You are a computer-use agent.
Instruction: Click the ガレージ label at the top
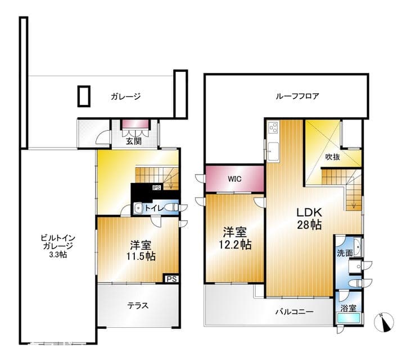125,97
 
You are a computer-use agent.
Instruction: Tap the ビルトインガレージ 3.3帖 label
58,246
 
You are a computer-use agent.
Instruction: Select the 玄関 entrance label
133,141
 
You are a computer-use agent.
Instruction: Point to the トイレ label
154,208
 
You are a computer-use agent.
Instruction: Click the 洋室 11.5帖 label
141,251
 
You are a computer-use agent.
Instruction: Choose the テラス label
138,306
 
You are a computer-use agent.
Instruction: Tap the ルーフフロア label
297,96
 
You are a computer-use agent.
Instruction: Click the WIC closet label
234,179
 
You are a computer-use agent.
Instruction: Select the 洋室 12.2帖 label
235,238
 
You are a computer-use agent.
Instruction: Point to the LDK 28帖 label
309,218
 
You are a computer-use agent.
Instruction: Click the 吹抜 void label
332,157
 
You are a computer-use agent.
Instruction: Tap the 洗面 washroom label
345,253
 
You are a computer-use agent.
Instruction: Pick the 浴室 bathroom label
349,308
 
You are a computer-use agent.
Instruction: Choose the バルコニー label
294,311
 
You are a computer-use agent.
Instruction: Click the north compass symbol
383,322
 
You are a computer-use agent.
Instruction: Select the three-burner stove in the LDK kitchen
273,128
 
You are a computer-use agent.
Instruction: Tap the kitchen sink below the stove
273,152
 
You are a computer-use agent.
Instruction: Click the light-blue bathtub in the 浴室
349,318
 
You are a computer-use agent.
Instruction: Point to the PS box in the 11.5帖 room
171,279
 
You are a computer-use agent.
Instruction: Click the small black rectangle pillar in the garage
84,96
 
